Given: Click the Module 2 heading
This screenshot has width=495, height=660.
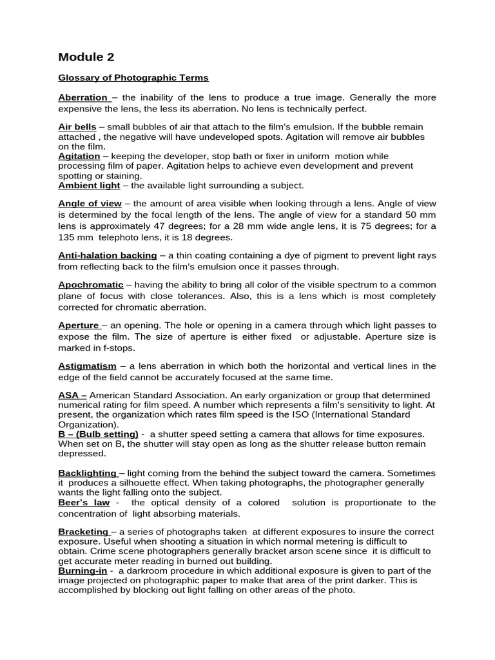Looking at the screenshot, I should (86, 57).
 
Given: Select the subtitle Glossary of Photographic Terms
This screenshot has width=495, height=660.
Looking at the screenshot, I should (133, 78).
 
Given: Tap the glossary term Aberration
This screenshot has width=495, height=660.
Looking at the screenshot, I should (83, 98).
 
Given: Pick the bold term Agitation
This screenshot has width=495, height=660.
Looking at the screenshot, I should (79, 156).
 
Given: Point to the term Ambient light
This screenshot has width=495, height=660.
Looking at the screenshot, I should (89, 186).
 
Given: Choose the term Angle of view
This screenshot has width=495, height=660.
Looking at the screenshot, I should (90, 204).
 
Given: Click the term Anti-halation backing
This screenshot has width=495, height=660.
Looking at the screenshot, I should (108, 256).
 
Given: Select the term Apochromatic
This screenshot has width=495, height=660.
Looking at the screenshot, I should (91, 285).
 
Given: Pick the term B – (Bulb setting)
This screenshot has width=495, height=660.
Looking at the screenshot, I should (98, 434).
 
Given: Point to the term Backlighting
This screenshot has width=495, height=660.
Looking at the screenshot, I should (87, 473).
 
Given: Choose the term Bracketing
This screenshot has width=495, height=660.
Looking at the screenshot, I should (84, 532).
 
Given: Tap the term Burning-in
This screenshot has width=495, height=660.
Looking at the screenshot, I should (82, 571).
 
